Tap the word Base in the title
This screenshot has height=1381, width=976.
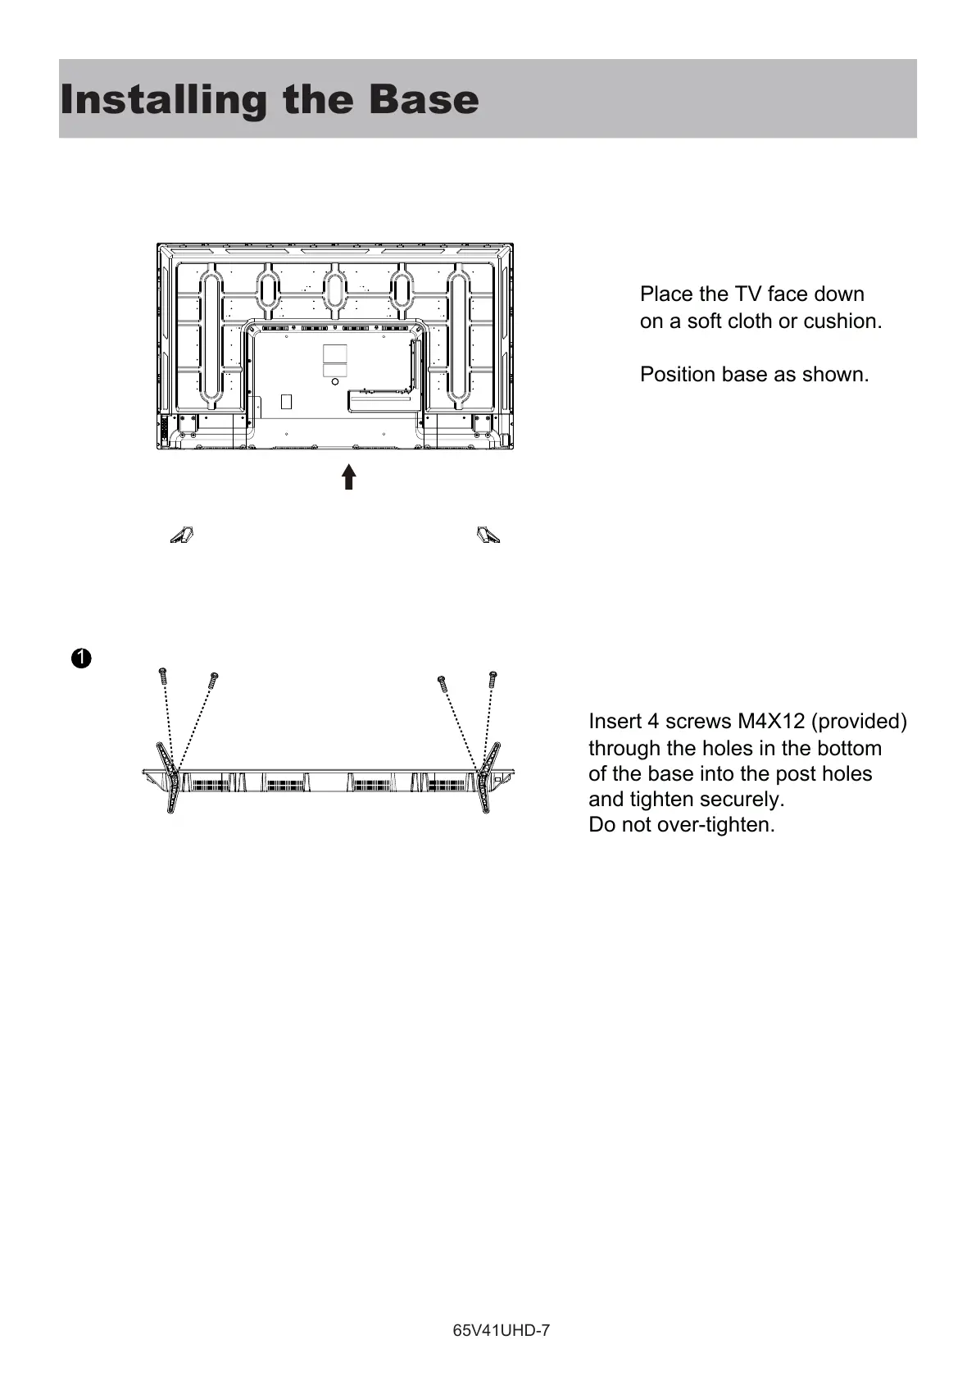tap(423, 100)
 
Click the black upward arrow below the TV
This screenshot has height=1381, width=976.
tap(349, 476)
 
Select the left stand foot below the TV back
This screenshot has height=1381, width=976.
tap(182, 536)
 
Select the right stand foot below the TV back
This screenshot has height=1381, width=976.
tap(488, 536)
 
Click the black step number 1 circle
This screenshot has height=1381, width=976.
tap(80, 659)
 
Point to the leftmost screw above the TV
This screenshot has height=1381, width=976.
tap(162, 677)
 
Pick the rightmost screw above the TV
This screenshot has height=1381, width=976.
tap(493, 679)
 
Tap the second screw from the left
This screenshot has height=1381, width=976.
tap(213, 680)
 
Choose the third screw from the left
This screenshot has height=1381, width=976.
tap(443, 682)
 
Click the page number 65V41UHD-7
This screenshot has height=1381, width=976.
tap(501, 1331)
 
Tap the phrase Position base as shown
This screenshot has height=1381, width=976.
tap(754, 375)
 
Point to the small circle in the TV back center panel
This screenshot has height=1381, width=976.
tap(334, 381)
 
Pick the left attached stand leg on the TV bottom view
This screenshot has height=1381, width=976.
tap(169, 776)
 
